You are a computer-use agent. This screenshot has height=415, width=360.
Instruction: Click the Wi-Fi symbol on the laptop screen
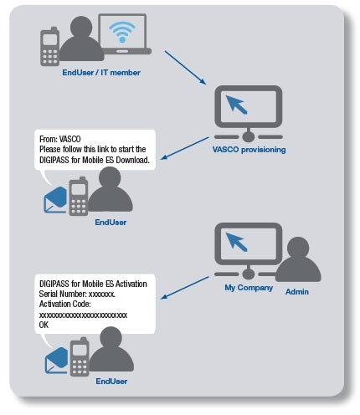tap(122, 32)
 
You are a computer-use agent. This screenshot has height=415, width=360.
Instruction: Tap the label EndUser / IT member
tap(101, 73)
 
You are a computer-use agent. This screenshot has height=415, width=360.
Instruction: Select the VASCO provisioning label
tap(249, 150)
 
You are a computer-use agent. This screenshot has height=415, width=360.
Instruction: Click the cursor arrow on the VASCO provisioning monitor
tap(236, 105)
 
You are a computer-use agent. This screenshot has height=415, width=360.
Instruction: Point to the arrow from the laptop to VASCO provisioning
tap(185, 67)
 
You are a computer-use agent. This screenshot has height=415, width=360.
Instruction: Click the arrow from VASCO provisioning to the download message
tap(185, 148)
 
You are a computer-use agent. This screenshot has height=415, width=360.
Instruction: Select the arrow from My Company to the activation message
tap(185, 288)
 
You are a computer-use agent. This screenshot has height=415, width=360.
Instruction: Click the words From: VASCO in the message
tap(60, 139)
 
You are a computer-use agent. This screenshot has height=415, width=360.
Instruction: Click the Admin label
tap(297, 292)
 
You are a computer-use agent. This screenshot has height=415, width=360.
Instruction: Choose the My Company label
tap(249, 288)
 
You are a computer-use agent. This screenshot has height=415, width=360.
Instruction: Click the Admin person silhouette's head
tap(298, 248)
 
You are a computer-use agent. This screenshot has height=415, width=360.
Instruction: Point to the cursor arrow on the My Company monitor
tap(236, 242)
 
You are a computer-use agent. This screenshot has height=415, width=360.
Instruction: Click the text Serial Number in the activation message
tap(63, 294)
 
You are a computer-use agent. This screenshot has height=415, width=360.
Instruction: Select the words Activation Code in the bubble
tap(65, 304)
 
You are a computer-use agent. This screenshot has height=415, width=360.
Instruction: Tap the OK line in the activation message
tap(44, 325)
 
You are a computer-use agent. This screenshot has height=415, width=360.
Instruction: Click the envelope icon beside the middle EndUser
tap(56, 200)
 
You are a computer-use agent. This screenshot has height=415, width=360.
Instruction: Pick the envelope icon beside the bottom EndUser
tap(57, 361)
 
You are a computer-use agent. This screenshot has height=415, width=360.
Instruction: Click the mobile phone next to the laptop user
tap(50, 47)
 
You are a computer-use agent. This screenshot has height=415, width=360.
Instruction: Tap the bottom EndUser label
tap(111, 382)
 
